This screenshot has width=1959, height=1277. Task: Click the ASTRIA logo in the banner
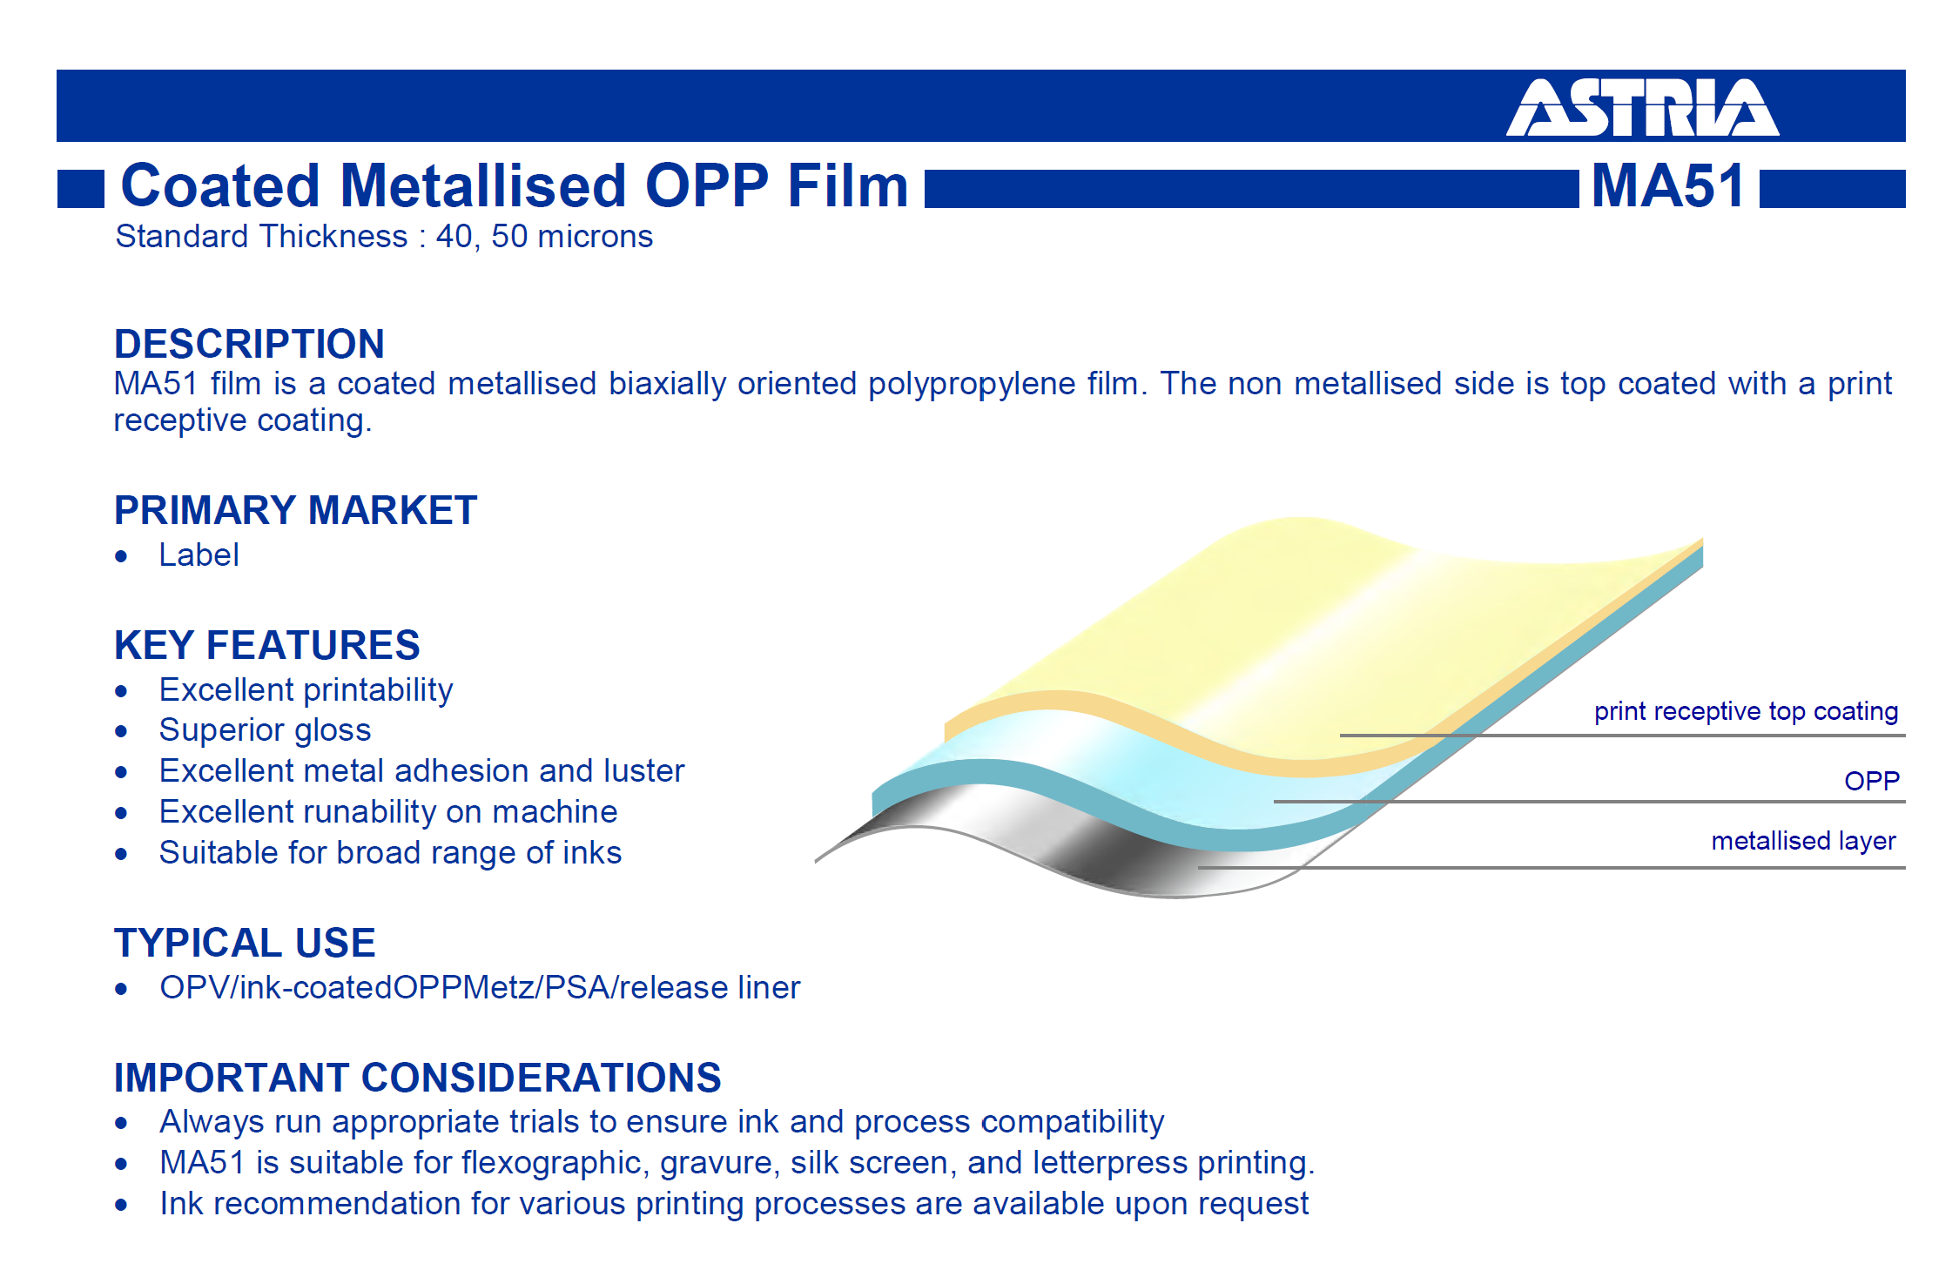[1642, 107]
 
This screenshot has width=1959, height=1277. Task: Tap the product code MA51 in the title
[1668, 185]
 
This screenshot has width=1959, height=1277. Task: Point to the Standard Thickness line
[384, 237]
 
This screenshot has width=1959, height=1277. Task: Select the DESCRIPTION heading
[249, 344]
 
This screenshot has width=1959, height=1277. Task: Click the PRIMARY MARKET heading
[295, 510]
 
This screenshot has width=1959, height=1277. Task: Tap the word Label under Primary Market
[199, 555]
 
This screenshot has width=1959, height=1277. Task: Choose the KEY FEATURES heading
[266, 645]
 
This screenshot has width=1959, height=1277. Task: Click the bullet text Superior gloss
[265, 730]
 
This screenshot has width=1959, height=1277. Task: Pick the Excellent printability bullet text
[306, 690]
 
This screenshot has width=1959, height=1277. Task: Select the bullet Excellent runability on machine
[388, 812]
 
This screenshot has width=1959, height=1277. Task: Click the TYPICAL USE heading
[245, 943]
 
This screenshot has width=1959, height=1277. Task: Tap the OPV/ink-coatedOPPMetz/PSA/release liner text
[480, 988]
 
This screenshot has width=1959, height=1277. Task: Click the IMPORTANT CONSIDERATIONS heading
[418, 1078]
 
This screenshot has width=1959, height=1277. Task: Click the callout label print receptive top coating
[1746, 711]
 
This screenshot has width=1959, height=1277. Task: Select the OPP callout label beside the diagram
[1872, 781]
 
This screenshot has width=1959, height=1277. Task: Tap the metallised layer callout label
[1803, 841]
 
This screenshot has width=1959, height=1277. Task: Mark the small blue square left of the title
[81, 189]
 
